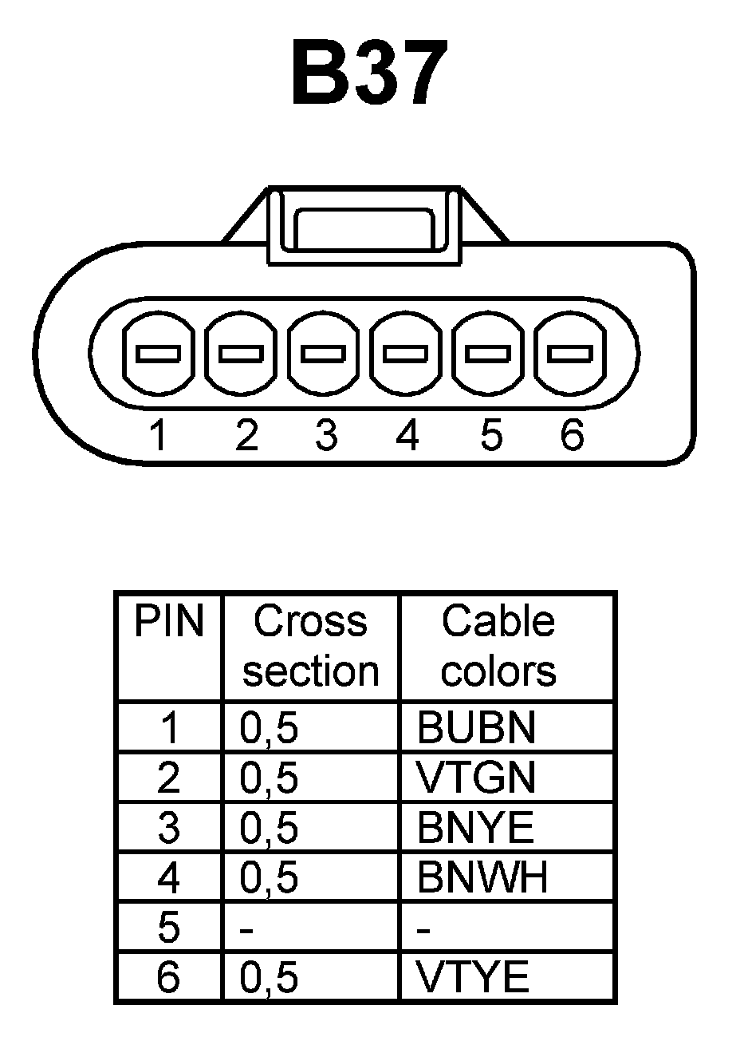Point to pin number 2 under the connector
click(247, 435)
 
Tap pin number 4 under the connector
click(407, 435)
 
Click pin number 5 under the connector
click(491, 435)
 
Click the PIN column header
click(169, 622)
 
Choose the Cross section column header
click(310, 646)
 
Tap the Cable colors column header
click(498, 646)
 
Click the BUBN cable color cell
click(476, 727)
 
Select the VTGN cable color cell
click(476, 778)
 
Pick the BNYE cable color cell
click(475, 828)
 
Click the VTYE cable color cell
click(473, 976)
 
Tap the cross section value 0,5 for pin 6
click(269, 978)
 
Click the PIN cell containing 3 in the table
click(169, 828)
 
